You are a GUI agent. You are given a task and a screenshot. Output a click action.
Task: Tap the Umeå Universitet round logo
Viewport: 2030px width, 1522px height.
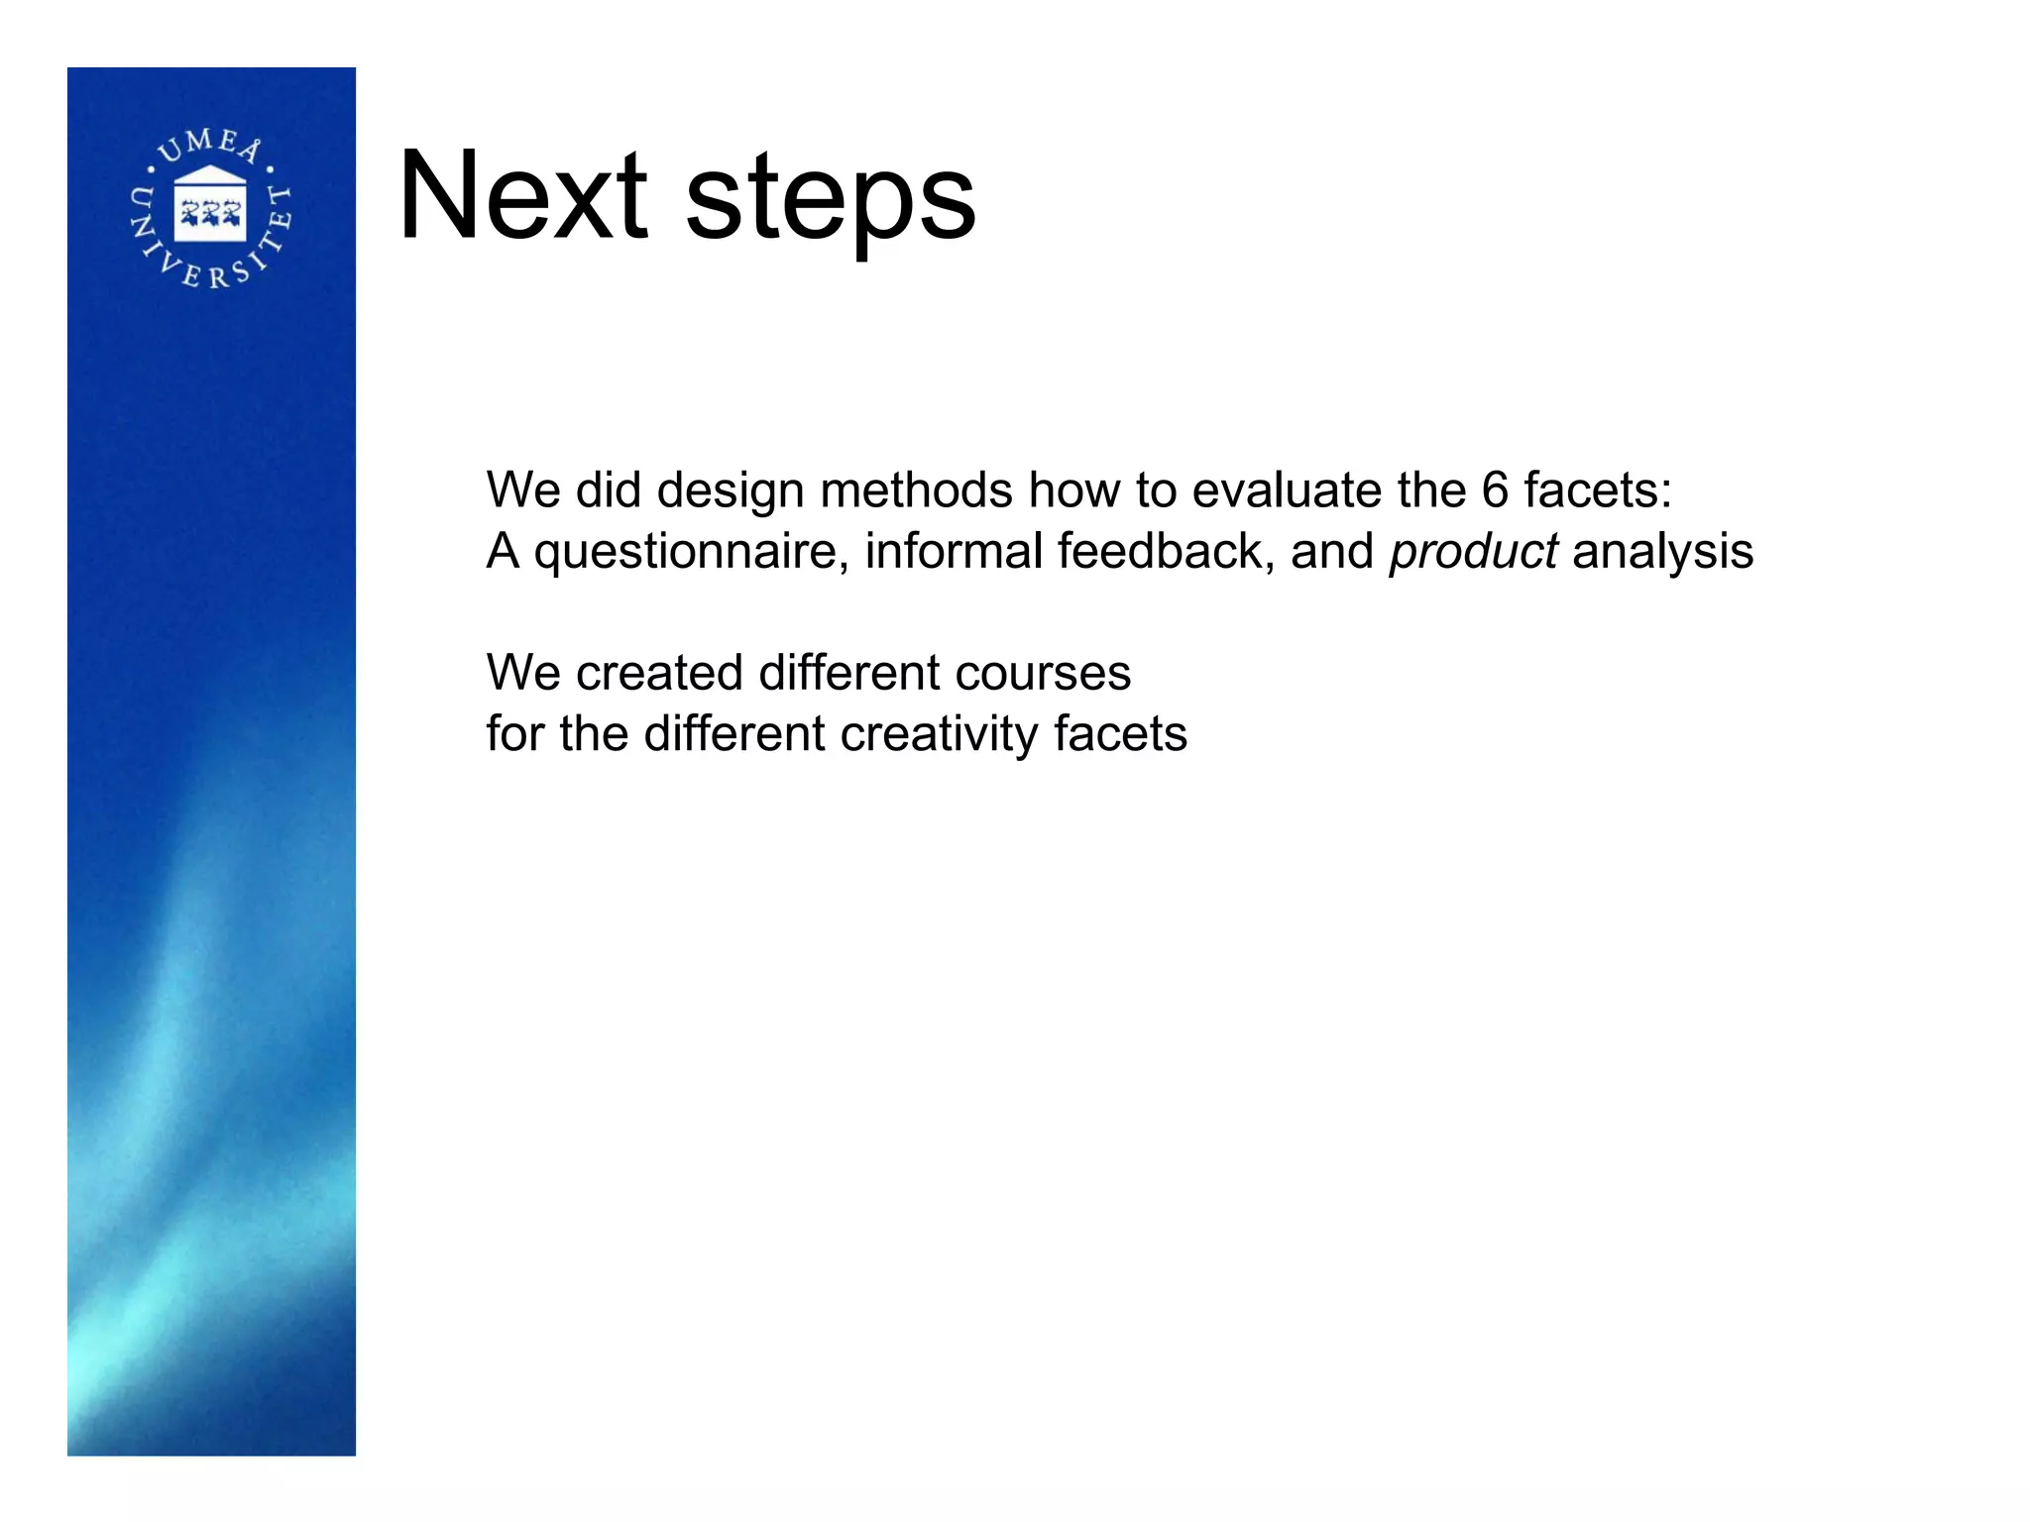[x=211, y=209]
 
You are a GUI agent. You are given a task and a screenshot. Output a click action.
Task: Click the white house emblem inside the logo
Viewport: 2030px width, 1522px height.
[x=210, y=204]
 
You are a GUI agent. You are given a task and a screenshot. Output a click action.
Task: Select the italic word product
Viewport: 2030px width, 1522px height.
[x=1473, y=553]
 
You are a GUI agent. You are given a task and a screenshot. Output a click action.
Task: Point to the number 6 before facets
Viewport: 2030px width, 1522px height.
[x=1495, y=490]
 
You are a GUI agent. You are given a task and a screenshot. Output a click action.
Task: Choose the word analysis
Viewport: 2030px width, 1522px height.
[x=1662, y=553]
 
